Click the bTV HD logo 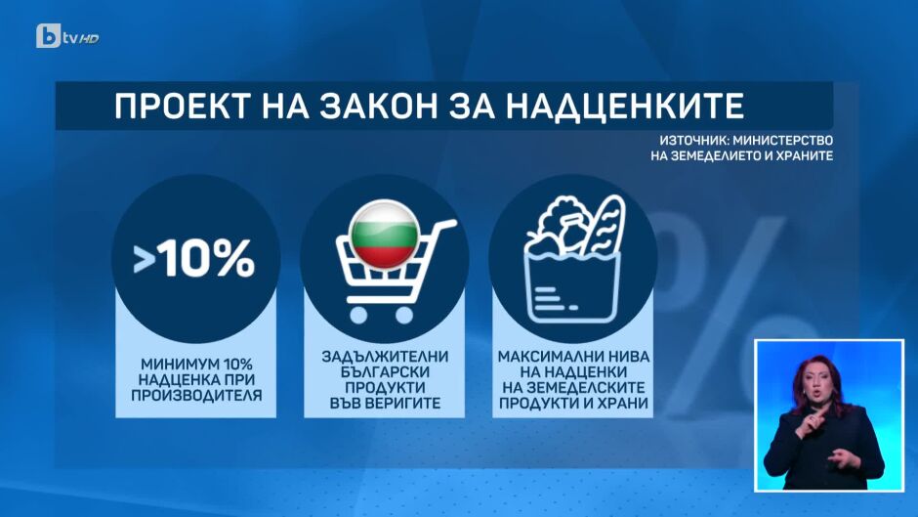pyautogui.click(x=67, y=36)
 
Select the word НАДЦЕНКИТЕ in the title pyautogui.click(x=624, y=107)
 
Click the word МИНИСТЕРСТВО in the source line pyautogui.click(x=783, y=141)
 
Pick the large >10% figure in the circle pyautogui.click(x=193, y=258)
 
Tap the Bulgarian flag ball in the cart pyautogui.click(x=384, y=234)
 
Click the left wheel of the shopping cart pyautogui.click(x=358, y=315)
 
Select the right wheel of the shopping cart pyautogui.click(x=404, y=315)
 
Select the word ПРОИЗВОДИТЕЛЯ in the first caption pyautogui.click(x=196, y=396)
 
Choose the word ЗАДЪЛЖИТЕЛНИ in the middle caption pyautogui.click(x=385, y=357)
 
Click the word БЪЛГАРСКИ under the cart pyautogui.click(x=385, y=372)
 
